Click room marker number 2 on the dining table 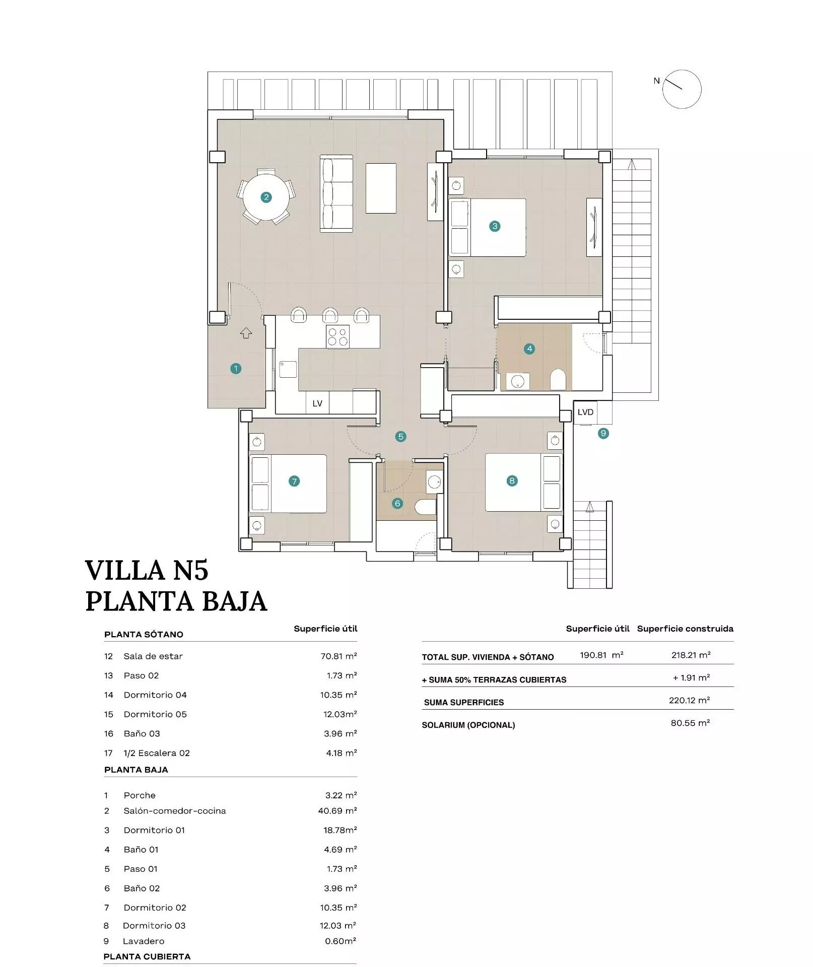[266, 197]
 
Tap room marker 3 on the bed [495, 226]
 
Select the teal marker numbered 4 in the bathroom [529, 349]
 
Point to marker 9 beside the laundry [603, 433]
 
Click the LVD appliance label [585, 412]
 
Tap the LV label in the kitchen [317, 403]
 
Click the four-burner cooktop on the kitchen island [337, 336]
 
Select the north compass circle [682, 89]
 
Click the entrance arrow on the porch [246, 332]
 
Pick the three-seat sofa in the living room [336, 193]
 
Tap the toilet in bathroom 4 [558, 379]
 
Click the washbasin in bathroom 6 [434, 482]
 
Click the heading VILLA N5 [147, 570]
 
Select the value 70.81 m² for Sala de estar [338, 656]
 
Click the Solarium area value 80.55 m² [690, 723]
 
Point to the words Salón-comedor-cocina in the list [175, 810]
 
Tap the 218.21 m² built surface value [691, 655]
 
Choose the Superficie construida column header [685, 629]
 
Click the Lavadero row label [144, 941]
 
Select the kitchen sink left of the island [288, 369]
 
